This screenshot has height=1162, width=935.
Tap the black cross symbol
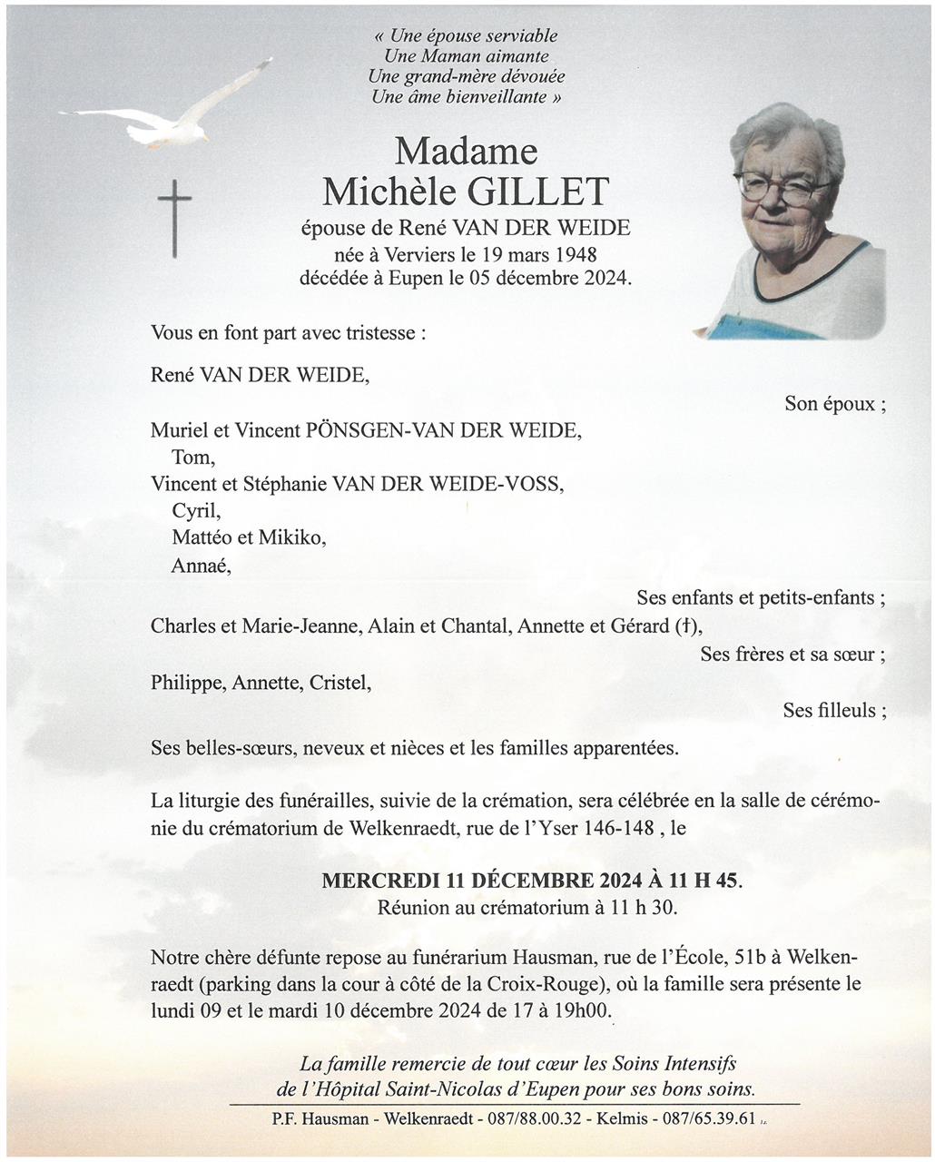(x=175, y=217)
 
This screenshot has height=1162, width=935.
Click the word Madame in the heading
(x=466, y=151)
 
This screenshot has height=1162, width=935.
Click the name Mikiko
(x=291, y=537)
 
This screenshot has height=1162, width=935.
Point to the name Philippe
(x=187, y=683)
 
